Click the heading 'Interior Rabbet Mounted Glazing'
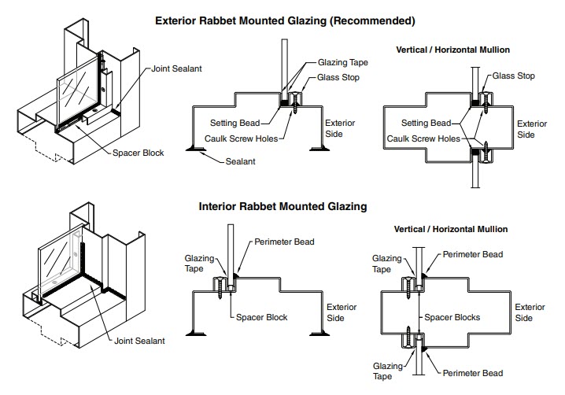point(282,207)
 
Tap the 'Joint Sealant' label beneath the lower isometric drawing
point(138,341)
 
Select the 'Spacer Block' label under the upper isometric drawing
point(138,153)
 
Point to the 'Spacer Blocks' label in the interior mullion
point(452,317)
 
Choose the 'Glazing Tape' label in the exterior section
point(343,61)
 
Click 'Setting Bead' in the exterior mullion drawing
point(426,123)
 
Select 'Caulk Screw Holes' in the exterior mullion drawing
point(423,138)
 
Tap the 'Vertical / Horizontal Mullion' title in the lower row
point(451,229)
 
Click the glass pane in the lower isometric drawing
point(57,253)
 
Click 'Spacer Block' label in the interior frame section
point(262,317)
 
